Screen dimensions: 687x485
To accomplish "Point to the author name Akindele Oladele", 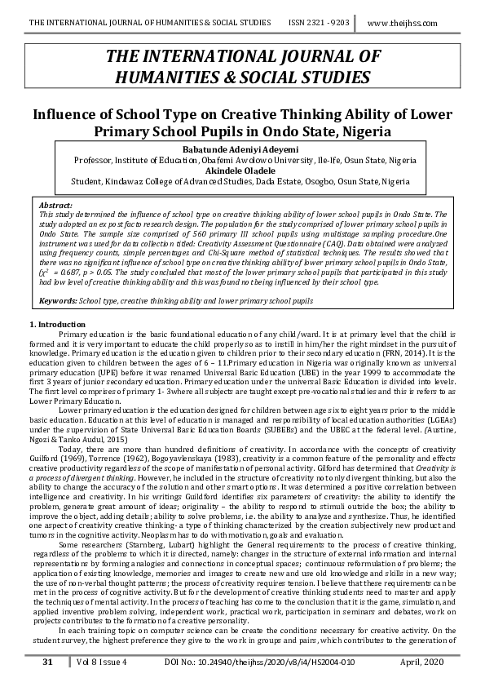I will click(242, 171).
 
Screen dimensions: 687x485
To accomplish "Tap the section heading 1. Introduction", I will click(57, 326).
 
